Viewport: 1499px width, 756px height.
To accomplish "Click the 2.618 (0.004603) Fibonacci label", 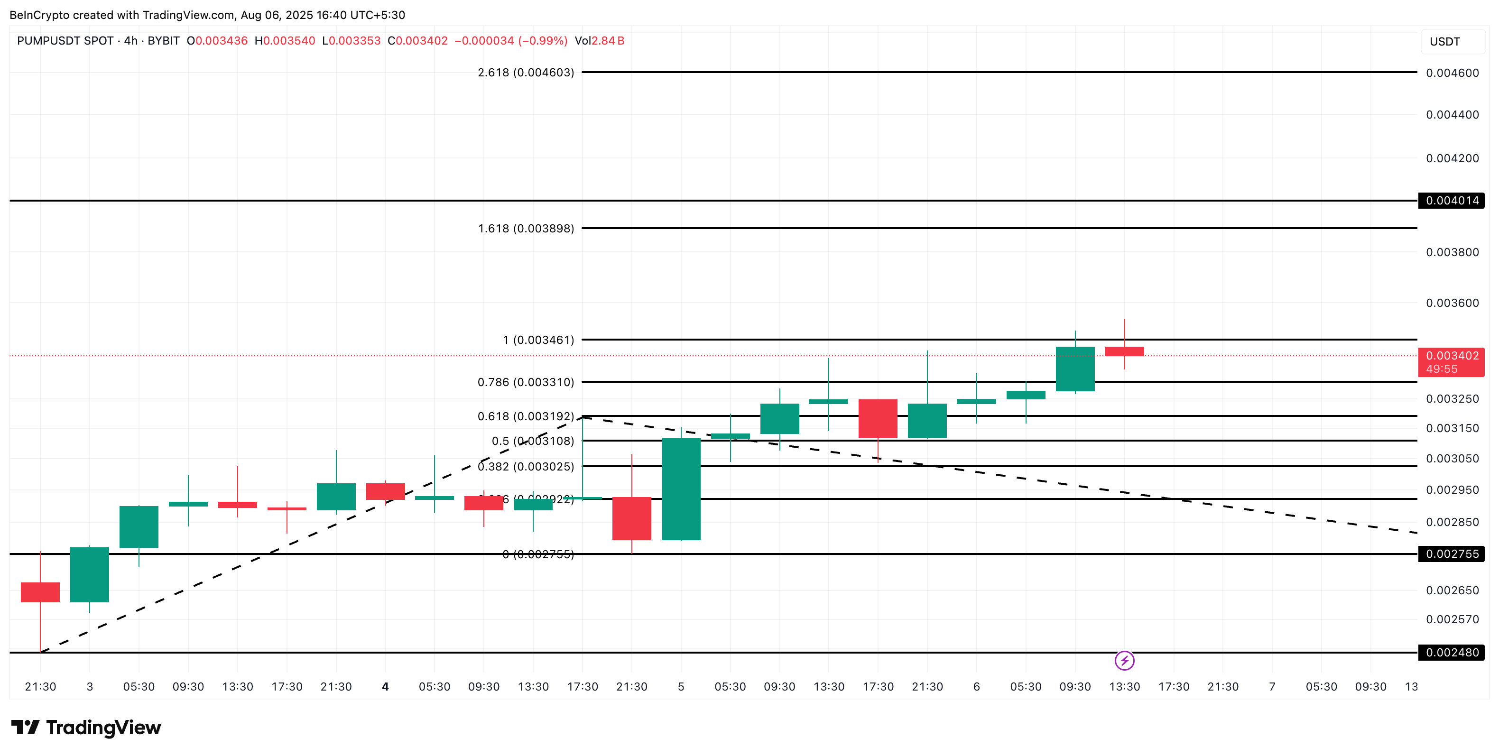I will point(526,73).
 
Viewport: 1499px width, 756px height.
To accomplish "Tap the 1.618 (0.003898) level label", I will point(526,229).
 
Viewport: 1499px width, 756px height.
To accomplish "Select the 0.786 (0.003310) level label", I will point(526,382).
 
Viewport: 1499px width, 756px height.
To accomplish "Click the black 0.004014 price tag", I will point(1451,201).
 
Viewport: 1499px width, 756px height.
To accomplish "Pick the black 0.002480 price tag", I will point(1451,653).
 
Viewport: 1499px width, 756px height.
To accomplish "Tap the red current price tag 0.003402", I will point(1451,361).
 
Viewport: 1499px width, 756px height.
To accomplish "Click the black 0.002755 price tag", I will point(1451,554).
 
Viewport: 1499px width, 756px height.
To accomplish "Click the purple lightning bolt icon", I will point(1124,661).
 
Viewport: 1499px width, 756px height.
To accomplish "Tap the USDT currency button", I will point(1444,42).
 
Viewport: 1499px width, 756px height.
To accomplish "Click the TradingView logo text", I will point(103,728).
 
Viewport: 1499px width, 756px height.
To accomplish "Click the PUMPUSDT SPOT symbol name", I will point(65,41).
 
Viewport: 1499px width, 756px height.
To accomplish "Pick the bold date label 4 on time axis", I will point(385,687).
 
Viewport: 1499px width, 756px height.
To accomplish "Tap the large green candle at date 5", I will point(681,489).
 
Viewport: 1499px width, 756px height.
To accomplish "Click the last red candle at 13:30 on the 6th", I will point(1124,351).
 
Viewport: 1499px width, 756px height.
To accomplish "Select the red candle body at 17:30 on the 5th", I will point(878,418).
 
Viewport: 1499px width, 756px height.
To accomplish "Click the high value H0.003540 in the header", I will point(285,41).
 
